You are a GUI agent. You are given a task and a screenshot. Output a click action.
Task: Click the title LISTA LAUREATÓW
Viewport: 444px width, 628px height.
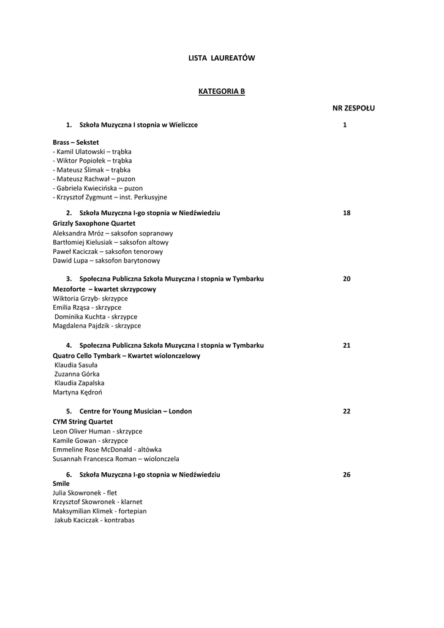[x=221, y=58]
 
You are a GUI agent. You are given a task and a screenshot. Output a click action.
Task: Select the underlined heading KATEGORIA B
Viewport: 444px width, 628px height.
[x=222, y=91]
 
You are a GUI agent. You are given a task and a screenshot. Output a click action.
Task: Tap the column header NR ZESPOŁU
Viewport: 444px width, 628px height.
[x=353, y=108]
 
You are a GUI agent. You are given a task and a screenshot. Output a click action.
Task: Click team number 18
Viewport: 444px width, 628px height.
[x=346, y=213]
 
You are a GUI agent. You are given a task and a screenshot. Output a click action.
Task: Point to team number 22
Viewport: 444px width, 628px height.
[x=346, y=411]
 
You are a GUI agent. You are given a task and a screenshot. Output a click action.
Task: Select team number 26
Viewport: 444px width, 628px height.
[x=346, y=475]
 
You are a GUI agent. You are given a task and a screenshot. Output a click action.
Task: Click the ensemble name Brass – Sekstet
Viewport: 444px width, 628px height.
[x=75, y=142]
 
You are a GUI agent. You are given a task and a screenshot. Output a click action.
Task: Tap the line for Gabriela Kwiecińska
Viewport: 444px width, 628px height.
[x=84, y=188]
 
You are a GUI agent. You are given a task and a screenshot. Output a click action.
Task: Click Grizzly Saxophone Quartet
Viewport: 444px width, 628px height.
[x=94, y=223]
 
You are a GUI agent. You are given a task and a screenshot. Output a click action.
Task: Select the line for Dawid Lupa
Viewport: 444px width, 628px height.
[x=106, y=261]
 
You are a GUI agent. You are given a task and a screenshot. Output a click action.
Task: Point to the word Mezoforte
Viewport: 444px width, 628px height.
[x=69, y=289]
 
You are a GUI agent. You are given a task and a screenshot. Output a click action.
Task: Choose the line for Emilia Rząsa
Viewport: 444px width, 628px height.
[x=87, y=307]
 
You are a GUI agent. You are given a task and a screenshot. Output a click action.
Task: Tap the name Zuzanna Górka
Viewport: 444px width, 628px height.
[x=77, y=373]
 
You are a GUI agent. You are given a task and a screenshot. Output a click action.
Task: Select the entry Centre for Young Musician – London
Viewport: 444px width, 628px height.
[x=135, y=411]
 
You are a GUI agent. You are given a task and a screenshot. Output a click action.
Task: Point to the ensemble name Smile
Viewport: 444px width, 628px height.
[x=61, y=483]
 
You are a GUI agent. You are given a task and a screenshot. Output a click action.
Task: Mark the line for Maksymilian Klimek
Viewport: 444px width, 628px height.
[x=99, y=511]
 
